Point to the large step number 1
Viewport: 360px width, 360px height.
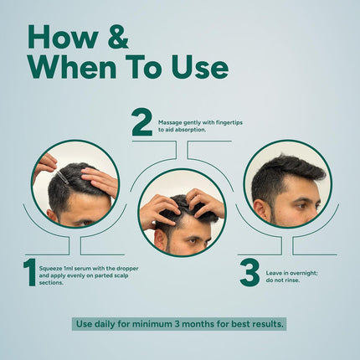point(29,272)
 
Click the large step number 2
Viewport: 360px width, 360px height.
point(142,123)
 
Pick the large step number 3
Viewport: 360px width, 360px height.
point(249,272)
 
